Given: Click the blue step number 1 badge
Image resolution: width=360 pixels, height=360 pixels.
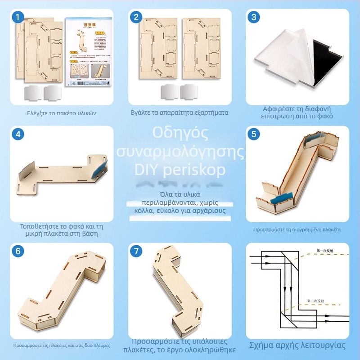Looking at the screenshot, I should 18,17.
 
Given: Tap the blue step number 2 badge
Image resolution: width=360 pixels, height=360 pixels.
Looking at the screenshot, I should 136,17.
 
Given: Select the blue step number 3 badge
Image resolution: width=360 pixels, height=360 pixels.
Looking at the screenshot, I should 254,17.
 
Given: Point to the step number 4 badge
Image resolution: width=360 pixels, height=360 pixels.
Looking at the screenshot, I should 18,134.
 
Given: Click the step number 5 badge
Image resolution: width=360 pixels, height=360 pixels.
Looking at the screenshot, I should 254,134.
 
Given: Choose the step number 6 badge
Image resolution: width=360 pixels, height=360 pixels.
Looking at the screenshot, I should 18,251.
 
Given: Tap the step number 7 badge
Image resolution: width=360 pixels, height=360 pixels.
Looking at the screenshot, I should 136,251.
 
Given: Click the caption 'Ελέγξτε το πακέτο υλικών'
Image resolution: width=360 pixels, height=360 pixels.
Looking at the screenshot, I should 62,113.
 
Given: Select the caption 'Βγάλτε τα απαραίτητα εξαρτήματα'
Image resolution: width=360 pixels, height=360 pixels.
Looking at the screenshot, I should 180,113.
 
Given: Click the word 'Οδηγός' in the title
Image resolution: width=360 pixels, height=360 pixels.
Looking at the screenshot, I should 180,134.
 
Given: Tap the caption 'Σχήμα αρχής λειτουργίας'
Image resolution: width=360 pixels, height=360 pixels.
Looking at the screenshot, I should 297,346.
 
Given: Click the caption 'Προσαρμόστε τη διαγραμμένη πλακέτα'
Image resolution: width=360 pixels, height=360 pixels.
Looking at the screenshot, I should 297,229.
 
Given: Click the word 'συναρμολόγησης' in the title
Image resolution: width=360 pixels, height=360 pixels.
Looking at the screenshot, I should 180,152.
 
